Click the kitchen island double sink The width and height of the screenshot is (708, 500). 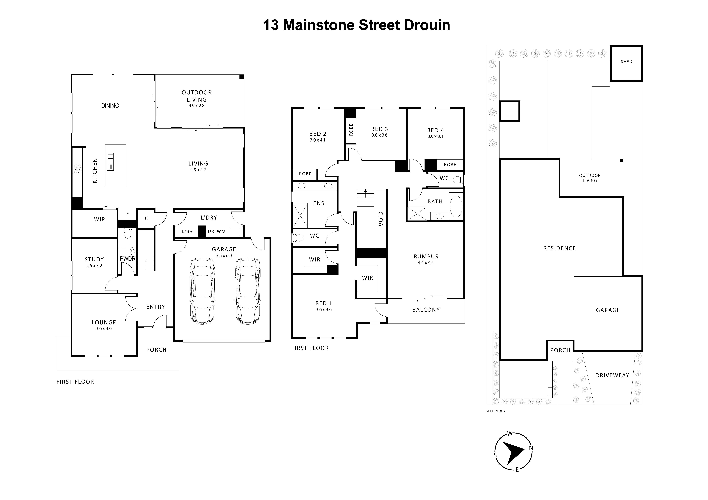coord(110,162)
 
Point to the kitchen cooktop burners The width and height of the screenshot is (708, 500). coord(77,169)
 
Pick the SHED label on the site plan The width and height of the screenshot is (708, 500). coord(626,62)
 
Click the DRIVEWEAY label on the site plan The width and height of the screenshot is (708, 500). coord(612,375)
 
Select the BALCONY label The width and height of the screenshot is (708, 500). coord(426,310)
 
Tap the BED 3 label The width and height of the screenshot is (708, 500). coord(379,129)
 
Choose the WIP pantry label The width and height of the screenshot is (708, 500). coord(99,219)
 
